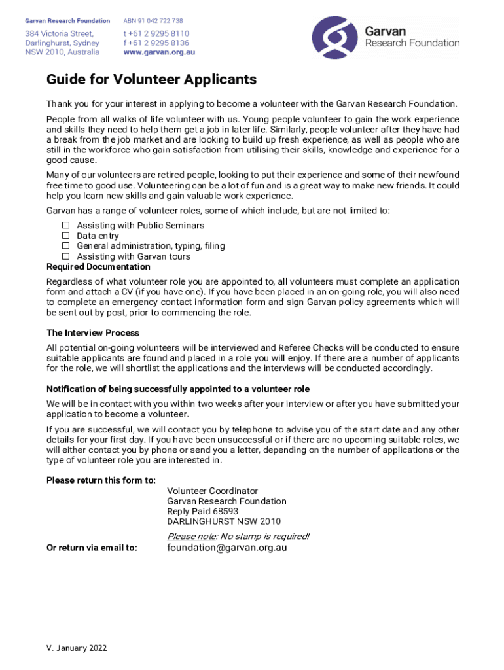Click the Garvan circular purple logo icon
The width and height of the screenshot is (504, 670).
coord(335,38)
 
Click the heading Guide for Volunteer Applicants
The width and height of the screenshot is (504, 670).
coord(151,80)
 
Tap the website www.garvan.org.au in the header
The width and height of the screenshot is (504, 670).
coord(159,52)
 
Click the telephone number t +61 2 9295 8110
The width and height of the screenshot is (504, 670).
coord(156,33)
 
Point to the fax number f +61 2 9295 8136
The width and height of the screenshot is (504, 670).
coord(156,43)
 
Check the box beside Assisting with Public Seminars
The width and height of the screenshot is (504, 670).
coord(65,225)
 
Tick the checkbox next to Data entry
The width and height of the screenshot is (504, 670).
coord(65,236)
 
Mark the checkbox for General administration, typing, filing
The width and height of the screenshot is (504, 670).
coord(65,246)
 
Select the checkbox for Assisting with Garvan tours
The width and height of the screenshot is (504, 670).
coord(65,256)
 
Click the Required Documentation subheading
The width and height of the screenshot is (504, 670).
coord(98,267)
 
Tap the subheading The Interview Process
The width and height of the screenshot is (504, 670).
coord(93,333)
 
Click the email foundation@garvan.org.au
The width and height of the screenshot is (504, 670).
coord(226,548)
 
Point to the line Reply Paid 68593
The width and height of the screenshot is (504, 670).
coord(202,511)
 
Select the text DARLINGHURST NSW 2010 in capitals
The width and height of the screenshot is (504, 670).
coord(223,521)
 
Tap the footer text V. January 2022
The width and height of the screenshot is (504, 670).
coord(77,648)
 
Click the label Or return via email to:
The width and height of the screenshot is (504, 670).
coord(92,548)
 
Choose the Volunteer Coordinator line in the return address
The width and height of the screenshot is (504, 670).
coord(212,491)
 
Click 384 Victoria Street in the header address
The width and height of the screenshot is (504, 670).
coord(59,33)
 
